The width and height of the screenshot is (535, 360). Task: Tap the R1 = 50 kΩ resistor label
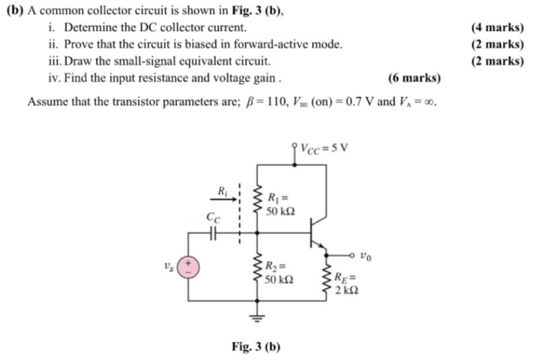(x=279, y=204)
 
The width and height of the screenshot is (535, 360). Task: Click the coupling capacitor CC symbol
(x=213, y=233)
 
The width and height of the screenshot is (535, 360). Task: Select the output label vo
(x=365, y=255)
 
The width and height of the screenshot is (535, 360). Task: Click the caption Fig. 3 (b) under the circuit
(x=256, y=347)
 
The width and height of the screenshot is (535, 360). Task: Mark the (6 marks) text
(x=414, y=78)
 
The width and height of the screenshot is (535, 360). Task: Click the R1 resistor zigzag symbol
(x=256, y=198)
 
